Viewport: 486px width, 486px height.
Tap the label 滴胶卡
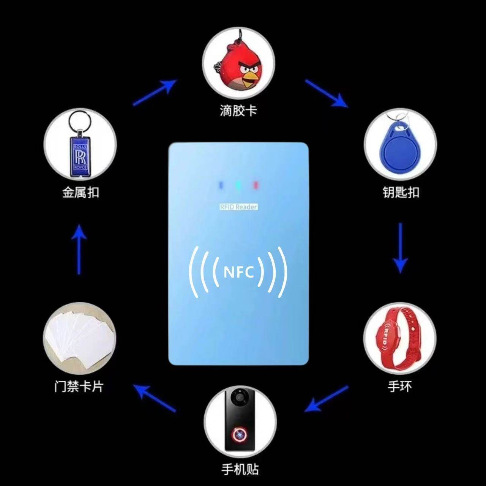[238, 111]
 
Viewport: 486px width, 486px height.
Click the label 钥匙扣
[401, 192]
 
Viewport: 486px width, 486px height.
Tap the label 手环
[399, 387]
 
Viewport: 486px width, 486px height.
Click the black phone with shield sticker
[240, 420]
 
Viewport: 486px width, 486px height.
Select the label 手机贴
[240, 470]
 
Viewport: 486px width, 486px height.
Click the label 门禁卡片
[79, 387]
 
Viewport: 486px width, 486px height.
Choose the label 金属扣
[80, 192]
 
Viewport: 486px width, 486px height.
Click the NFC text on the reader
[238, 272]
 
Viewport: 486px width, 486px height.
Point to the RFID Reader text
[238, 207]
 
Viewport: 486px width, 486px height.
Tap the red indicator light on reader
[256, 185]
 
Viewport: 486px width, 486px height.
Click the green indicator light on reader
[238, 185]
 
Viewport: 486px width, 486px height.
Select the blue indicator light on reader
[220, 185]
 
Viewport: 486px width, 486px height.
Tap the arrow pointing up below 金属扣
[79, 249]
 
